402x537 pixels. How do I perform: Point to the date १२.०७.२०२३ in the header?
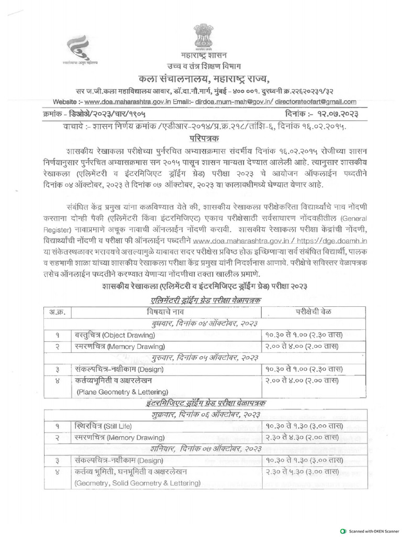click(x=336, y=114)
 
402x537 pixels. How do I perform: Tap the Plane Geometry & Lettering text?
click(x=122, y=391)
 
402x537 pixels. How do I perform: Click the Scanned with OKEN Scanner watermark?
click(x=370, y=531)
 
